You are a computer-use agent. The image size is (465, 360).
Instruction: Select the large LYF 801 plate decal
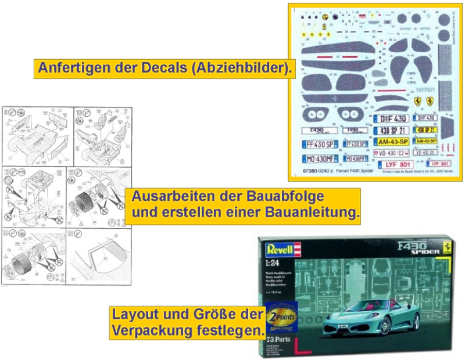[x=398, y=164]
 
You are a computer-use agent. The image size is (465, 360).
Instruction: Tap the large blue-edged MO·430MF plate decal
[x=320, y=159]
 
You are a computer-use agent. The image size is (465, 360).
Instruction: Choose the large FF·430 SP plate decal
[x=320, y=144]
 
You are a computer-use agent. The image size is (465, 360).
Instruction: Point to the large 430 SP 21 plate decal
[x=391, y=130]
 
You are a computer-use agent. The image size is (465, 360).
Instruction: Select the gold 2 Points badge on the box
[x=282, y=316]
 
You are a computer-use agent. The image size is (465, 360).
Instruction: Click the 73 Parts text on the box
[x=277, y=338]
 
